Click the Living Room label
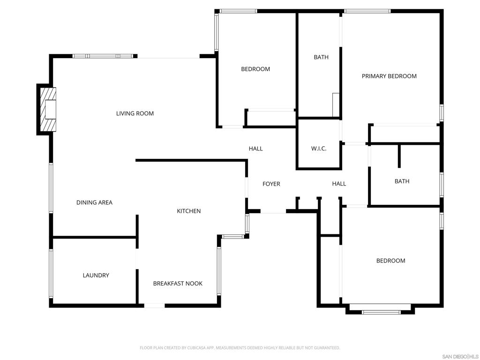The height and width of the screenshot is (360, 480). [x=135, y=113]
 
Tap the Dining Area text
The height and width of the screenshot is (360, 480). [x=94, y=202]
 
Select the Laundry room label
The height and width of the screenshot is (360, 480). [x=96, y=275]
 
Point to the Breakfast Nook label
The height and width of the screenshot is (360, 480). [x=178, y=284]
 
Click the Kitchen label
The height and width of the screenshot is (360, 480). [x=189, y=211]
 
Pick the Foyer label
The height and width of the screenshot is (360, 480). [x=271, y=184]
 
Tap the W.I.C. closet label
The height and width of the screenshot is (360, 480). [x=319, y=149]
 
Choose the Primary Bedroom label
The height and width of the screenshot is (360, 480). [x=389, y=76]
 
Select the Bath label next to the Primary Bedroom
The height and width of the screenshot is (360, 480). [x=321, y=57]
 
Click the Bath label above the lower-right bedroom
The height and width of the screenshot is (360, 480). [x=402, y=181]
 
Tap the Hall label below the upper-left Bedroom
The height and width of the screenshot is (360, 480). [x=255, y=149]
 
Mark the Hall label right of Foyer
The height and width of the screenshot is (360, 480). [x=339, y=184]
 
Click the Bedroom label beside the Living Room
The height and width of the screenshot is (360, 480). [x=255, y=69]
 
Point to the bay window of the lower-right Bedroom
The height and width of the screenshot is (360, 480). [x=381, y=312]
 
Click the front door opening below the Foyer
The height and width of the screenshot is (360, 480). [x=273, y=211]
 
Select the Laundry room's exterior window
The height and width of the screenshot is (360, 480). [x=51, y=273]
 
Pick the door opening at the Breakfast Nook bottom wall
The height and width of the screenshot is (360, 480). [x=154, y=306]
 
